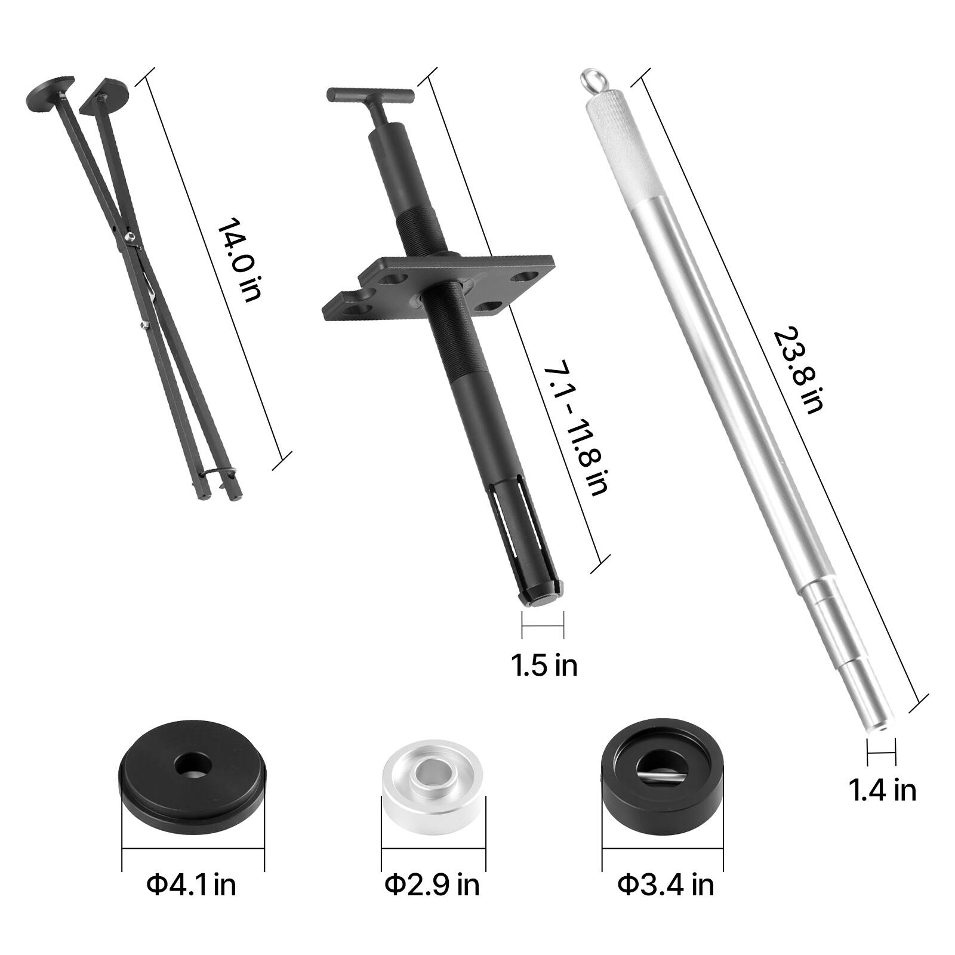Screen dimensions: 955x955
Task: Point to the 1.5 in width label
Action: (x=544, y=664)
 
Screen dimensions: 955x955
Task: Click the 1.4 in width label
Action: (x=882, y=790)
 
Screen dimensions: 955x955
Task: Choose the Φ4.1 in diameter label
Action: (x=192, y=883)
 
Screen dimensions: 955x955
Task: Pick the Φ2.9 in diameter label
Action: (x=432, y=883)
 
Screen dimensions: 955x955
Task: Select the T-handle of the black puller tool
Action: (x=370, y=95)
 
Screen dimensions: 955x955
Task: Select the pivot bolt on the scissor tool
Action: (x=128, y=238)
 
